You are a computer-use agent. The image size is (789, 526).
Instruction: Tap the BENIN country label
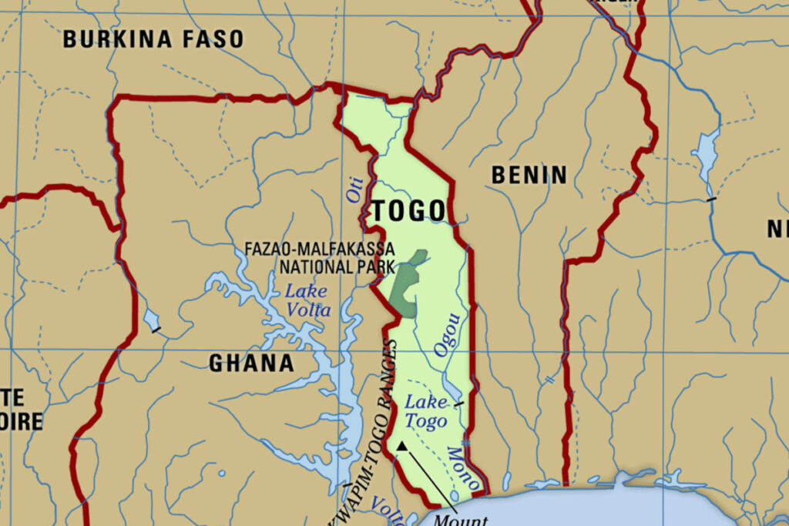529,176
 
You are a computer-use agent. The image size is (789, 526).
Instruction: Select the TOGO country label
408,210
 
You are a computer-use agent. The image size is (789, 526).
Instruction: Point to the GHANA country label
251,363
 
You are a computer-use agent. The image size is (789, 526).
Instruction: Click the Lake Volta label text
307,301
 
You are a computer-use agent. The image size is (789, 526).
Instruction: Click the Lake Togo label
425,411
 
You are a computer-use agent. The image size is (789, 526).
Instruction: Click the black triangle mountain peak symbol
401,445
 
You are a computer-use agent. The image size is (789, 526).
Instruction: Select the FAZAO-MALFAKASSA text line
319,250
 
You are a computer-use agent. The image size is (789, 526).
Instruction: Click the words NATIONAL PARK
337,267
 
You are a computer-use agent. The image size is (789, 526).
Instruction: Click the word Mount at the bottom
461,520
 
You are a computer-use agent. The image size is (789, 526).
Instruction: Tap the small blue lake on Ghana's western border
151,318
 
